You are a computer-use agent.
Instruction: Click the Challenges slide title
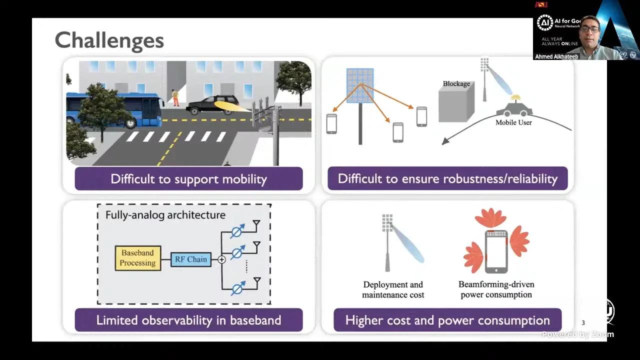coord(109,40)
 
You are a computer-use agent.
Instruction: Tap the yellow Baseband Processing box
coord(138,258)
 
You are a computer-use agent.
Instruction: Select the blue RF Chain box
coord(190,259)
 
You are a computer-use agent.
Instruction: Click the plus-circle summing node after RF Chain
coord(221,259)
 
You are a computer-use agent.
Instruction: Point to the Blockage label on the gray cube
coord(456,84)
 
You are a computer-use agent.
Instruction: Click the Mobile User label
coord(513,122)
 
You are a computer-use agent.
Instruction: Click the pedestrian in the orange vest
coord(175,98)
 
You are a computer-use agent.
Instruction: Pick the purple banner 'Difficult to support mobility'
coord(188,179)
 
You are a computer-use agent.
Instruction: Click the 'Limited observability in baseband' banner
coord(188,320)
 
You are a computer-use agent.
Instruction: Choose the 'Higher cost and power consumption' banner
coord(447,320)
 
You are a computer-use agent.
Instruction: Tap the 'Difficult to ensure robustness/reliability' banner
coord(447,178)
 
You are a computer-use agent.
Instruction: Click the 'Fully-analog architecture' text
coord(165,215)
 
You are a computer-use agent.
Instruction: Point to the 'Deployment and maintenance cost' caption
coord(393,290)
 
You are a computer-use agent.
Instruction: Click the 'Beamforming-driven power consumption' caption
coord(496,289)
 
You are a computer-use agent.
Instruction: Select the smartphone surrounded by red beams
coord(496,251)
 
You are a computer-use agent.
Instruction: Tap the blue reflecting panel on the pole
coord(360,85)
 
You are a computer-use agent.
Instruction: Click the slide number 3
coord(583,323)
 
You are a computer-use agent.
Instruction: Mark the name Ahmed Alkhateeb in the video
coord(556,56)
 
